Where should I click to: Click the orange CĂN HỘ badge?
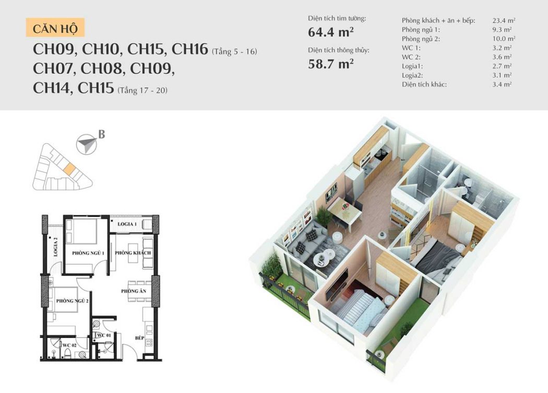coord(55,28)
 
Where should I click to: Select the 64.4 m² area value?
coord(330,32)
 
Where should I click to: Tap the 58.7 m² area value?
coord(330,64)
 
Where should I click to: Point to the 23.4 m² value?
coord(504,21)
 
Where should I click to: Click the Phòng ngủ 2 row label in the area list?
coord(421,39)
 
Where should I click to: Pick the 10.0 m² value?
coord(504,39)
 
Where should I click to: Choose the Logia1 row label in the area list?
coord(412,66)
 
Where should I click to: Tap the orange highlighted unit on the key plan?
coord(69,169)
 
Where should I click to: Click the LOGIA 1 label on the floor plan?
coord(127,224)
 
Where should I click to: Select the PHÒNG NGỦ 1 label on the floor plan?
coord(88,253)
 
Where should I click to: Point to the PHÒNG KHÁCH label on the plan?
coord(133,252)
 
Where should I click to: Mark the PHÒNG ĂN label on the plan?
coord(134,291)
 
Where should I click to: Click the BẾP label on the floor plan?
coord(140,338)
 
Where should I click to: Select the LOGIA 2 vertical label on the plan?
coord(55,247)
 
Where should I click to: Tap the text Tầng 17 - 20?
coord(142,90)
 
